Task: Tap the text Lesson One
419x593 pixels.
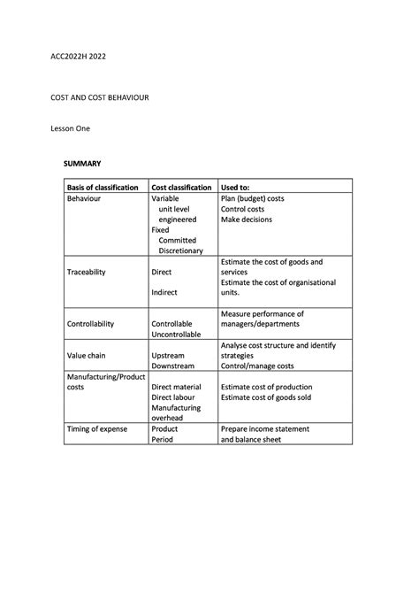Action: click(69, 128)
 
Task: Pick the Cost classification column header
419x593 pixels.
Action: click(181, 188)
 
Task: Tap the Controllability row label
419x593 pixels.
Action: click(91, 324)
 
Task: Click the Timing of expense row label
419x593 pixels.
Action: click(97, 429)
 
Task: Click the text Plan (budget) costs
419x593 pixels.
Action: click(252, 199)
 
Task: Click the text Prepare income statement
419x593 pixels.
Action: click(265, 429)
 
